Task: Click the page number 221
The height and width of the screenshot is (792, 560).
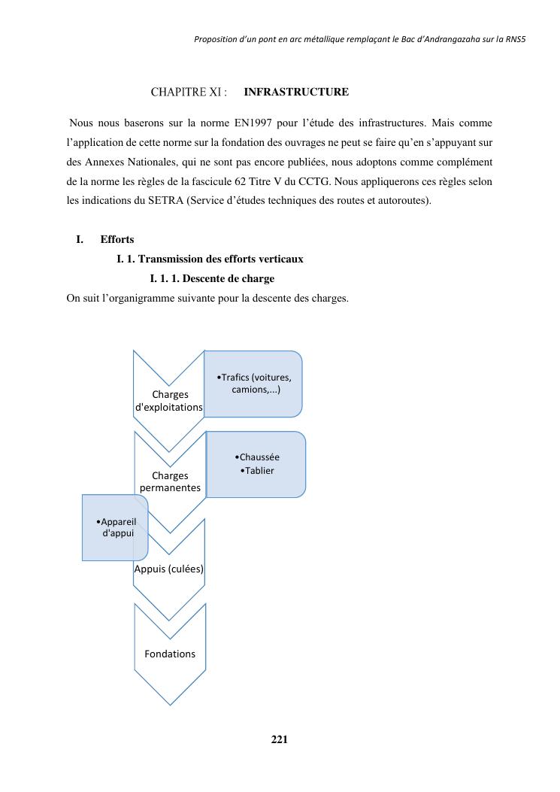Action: [x=279, y=739]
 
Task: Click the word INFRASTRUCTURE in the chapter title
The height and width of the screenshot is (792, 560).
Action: [x=296, y=93]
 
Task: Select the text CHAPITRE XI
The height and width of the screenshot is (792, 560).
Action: [x=189, y=93]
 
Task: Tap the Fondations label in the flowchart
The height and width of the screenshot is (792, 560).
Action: [x=170, y=654]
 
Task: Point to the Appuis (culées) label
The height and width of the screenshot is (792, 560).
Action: [x=169, y=569]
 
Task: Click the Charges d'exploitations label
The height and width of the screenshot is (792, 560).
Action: [x=169, y=401]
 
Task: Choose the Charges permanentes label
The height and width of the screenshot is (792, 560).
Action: [x=170, y=481]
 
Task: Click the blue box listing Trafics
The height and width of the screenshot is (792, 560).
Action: [x=253, y=384]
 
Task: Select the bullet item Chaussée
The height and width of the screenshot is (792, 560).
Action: [x=259, y=457]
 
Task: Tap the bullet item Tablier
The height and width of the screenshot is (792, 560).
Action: [x=259, y=471]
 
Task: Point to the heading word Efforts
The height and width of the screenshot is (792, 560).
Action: [x=117, y=239]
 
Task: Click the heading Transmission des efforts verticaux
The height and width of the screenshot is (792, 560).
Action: [x=210, y=259]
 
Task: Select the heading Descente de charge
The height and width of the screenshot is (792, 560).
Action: [x=212, y=278]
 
